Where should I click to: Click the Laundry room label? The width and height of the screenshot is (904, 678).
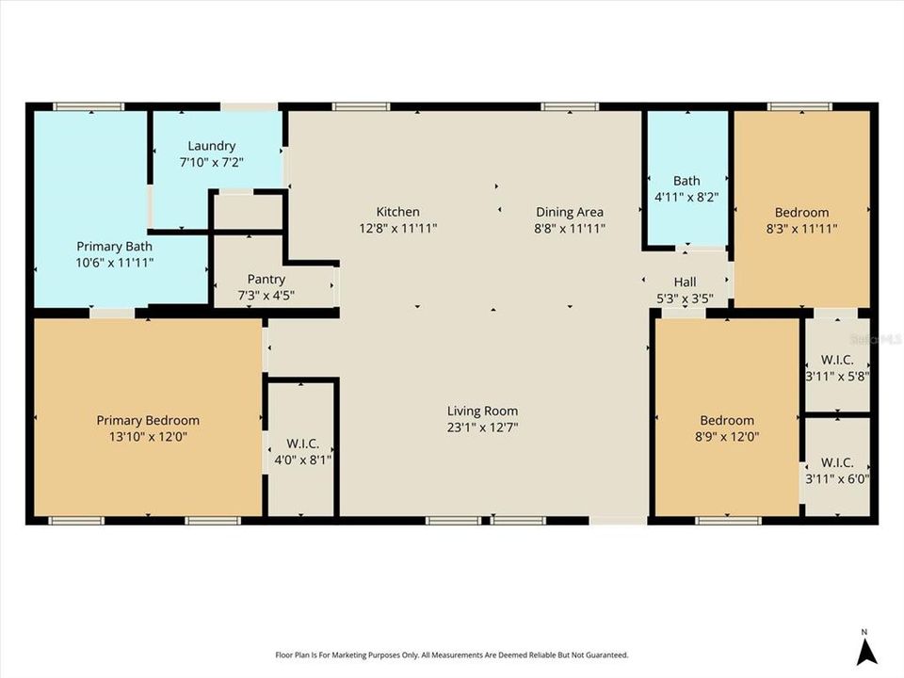[x=211, y=146]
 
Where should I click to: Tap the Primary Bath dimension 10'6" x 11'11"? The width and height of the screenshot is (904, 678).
[x=115, y=262]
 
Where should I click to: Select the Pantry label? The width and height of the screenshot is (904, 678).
[x=266, y=280]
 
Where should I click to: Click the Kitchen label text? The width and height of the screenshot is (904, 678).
[x=397, y=212]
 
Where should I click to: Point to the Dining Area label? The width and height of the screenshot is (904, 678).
[x=570, y=212]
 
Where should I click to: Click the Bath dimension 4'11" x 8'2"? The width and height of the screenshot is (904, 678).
[x=686, y=198]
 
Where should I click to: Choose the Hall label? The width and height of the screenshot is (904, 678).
[x=685, y=282]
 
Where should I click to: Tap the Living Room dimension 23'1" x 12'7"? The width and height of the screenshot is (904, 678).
[x=482, y=427]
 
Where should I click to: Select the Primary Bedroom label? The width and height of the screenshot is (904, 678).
[x=148, y=421]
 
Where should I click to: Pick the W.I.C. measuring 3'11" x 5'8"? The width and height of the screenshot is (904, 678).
[x=836, y=366]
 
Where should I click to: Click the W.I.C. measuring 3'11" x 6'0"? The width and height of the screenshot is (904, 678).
[x=836, y=470]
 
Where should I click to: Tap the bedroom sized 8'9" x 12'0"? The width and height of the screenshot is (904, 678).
[x=726, y=428]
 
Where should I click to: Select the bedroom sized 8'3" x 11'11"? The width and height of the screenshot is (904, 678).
[x=801, y=219]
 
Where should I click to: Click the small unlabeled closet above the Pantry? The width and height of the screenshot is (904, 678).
[x=248, y=213]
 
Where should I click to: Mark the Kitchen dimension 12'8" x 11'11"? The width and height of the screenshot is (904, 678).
[x=397, y=228]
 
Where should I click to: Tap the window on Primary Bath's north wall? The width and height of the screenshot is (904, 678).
[x=89, y=106]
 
